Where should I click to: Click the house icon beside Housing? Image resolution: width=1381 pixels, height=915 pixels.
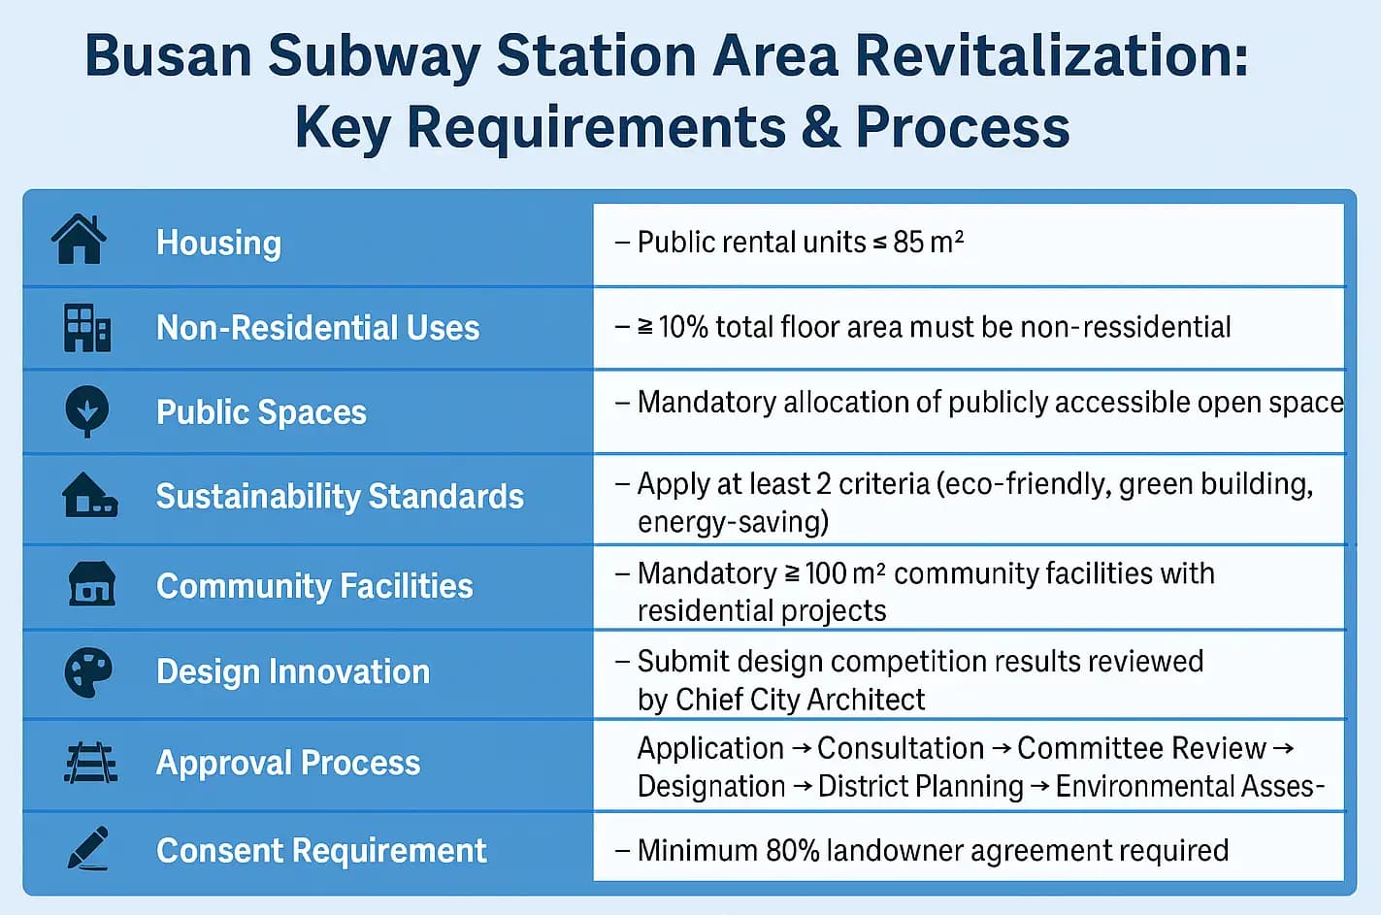click(x=79, y=240)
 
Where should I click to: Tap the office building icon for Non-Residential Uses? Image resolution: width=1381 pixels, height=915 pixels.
click(x=87, y=328)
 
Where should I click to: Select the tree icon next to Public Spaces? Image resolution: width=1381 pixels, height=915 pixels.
click(x=87, y=411)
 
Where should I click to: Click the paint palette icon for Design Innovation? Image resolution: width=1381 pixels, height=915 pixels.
click(x=88, y=672)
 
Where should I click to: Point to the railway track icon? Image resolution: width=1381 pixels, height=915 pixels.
click(x=90, y=763)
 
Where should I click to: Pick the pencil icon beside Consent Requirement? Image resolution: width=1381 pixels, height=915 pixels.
click(x=88, y=848)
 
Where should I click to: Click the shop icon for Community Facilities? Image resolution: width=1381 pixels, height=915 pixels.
click(x=91, y=583)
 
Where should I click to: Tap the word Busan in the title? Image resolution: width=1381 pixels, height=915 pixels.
click(x=168, y=55)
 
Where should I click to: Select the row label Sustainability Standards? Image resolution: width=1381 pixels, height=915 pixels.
click(x=340, y=497)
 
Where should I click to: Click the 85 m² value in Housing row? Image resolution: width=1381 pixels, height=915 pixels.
click(x=928, y=242)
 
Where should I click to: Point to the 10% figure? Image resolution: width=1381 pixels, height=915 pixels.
click(x=683, y=327)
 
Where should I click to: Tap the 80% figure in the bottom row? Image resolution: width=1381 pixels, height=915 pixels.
click(x=793, y=850)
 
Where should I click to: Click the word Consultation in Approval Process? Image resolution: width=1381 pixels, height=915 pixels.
click(x=901, y=748)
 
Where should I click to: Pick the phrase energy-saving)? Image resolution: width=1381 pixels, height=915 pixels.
click(x=733, y=523)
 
